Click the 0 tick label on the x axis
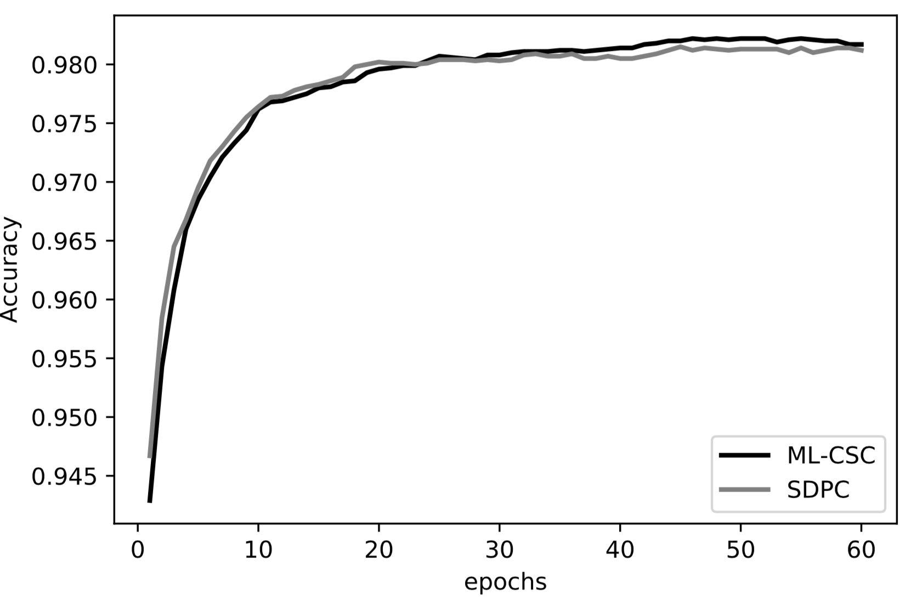point(138,549)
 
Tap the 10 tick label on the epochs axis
point(258,549)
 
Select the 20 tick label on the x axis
point(379,549)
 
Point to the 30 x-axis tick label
point(500,549)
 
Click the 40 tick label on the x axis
point(620,549)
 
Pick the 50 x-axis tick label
point(741,549)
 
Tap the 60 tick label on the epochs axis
point(862,549)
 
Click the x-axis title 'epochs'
point(505,582)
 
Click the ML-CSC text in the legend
point(831,456)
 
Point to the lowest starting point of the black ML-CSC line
point(150,501)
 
